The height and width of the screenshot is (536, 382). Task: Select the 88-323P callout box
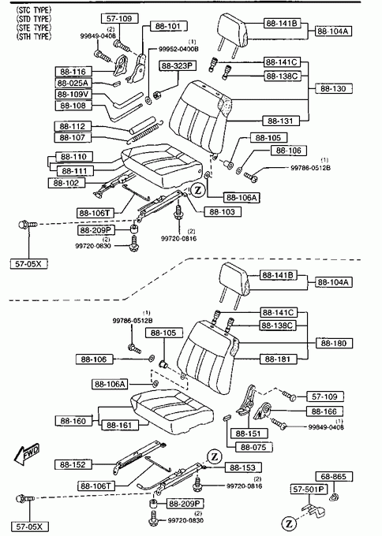pyautogui.click(x=178, y=65)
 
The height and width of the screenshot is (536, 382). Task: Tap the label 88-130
pyautogui.click(x=333, y=88)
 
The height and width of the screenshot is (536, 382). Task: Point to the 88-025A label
pyautogui.click(x=73, y=83)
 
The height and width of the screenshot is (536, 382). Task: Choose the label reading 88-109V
pyautogui.click(x=73, y=94)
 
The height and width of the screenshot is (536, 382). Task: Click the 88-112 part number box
pyautogui.click(x=73, y=126)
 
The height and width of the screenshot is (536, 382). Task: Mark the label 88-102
pyautogui.click(x=66, y=183)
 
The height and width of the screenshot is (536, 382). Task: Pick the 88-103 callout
pyautogui.click(x=223, y=212)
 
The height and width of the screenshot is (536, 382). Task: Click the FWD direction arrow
pyautogui.click(x=27, y=454)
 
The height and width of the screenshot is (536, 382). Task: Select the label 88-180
pyautogui.click(x=334, y=343)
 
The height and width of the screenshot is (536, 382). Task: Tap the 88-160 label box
pyautogui.click(x=73, y=421)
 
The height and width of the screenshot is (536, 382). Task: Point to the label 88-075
pyautogui.click(x=254, y=447)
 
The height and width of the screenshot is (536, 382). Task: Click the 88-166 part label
pyautogui.click(x=324, y=411)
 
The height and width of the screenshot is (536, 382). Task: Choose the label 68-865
pyautogui.click(x=334, y=477)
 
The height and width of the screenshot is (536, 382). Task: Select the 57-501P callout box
pyautogui.click(x=309, y=489)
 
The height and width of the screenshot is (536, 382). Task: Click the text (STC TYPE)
pyautogui.click(x=34, y=10)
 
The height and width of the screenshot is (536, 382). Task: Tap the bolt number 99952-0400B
pyautogui.click(x=178, y=49)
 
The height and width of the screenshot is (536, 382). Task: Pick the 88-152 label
pyautogui.click(x=73, y=464)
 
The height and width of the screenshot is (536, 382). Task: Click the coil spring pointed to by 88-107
pyautogui.click(x=144, y=132)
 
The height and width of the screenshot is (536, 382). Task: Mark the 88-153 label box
pyautogui.click(x=243, y=467)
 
